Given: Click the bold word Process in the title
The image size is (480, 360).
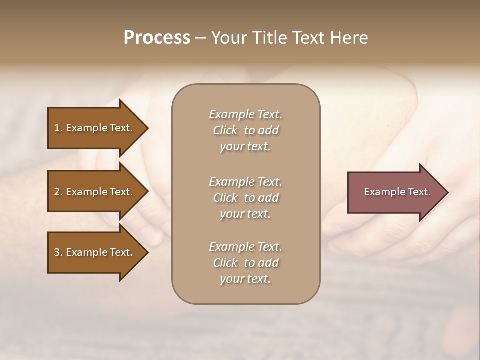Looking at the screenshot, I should (157, 38).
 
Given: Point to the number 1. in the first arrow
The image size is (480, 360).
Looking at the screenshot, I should (58, 128).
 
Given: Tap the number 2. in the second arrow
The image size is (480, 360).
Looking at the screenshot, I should (58, 192).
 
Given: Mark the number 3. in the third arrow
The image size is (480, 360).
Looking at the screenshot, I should (58, 252).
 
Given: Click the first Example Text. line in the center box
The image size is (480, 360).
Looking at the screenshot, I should (245, 114).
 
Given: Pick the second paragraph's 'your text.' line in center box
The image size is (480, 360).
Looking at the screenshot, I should (245, 214).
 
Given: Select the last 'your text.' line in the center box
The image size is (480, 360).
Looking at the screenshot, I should (245, 279).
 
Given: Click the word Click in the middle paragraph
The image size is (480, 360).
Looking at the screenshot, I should (225, 198).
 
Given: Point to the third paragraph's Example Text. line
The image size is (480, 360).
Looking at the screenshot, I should (245, 247).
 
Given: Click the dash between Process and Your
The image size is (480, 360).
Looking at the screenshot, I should (200, 38).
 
